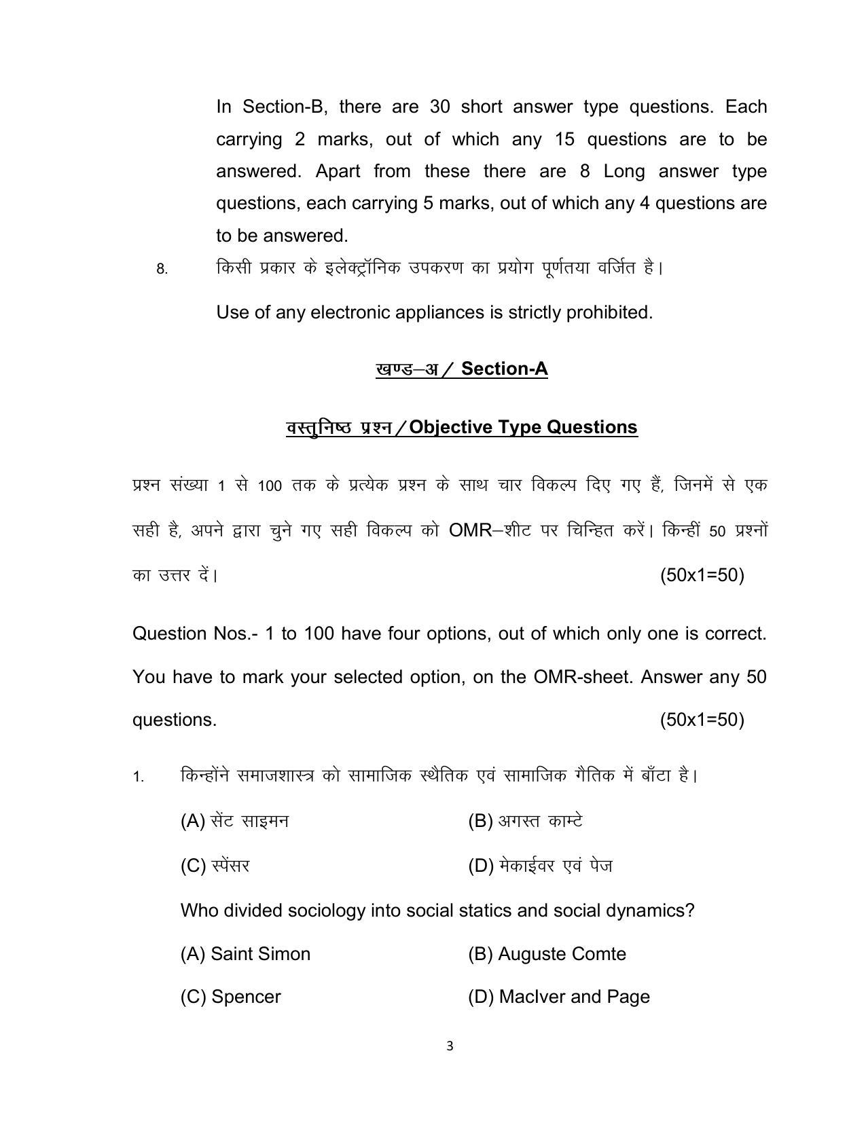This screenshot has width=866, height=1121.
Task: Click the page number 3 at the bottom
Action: pos(450,1046)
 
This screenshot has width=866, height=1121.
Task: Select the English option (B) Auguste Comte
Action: pos(547,954)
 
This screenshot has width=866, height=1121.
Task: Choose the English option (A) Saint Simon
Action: pos(245,954)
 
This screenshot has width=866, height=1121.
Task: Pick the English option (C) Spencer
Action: pos(230,997)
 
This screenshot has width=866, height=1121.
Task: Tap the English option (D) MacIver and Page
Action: pos(558,997)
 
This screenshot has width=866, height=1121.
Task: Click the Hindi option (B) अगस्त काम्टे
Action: pos(525,822)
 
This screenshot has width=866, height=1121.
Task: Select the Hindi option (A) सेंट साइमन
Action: pos(234,822)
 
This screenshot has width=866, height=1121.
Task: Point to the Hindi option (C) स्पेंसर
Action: pos(215,866)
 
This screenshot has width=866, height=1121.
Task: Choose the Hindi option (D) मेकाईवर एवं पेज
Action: pos(540,866)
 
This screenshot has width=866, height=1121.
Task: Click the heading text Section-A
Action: pos(504,369)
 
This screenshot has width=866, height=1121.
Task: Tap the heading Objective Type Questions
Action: pos(523,427)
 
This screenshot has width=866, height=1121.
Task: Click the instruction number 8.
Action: pos(162,269)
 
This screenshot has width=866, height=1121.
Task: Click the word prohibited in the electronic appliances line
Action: pos(609,312)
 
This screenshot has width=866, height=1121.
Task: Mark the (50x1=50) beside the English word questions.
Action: pos(702,720)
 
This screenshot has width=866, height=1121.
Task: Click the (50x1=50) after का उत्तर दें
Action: pos(702,575)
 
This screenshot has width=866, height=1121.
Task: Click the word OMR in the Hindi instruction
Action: pos(470,530)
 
